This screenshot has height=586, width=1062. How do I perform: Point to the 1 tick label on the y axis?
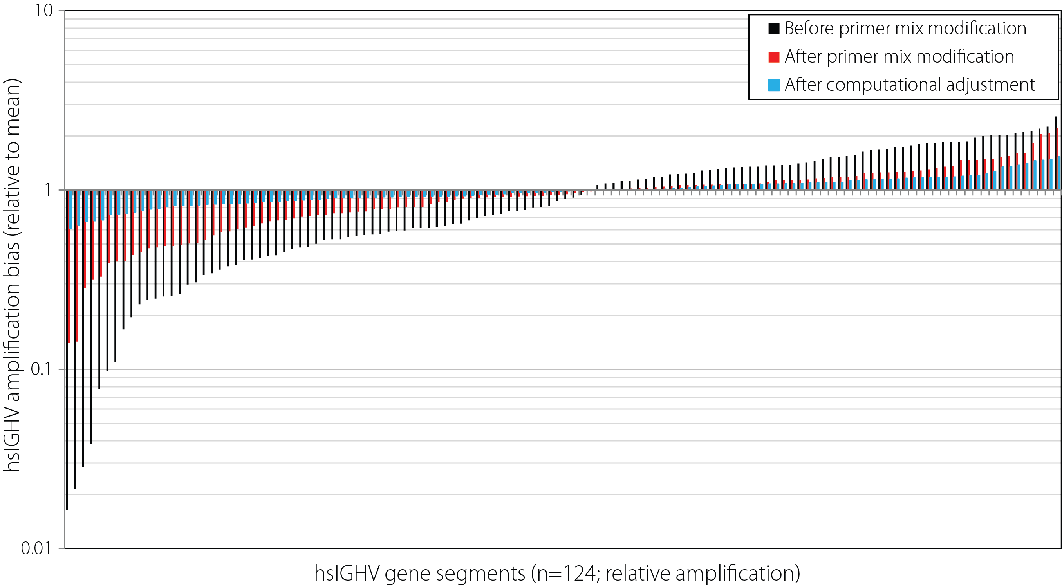[x=48, y=190]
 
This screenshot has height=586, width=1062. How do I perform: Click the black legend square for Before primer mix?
[x=774, y=29]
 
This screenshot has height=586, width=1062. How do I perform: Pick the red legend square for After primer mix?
[x=774, y=57]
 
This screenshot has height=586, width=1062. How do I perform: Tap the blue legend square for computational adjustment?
[x=774, y=85]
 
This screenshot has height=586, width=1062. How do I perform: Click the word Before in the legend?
[x=809, y=29]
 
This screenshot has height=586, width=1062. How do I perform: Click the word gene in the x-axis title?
[x=406, y=573]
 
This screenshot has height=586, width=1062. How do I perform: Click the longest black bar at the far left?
[x=67, y=350]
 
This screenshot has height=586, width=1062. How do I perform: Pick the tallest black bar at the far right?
[x=1055, y=153]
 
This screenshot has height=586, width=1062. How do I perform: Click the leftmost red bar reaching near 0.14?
[x=69, y=266]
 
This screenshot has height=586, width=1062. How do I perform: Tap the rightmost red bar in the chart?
[x=1057, y=159]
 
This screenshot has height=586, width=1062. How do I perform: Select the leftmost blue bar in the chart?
[x=71, y=209]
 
